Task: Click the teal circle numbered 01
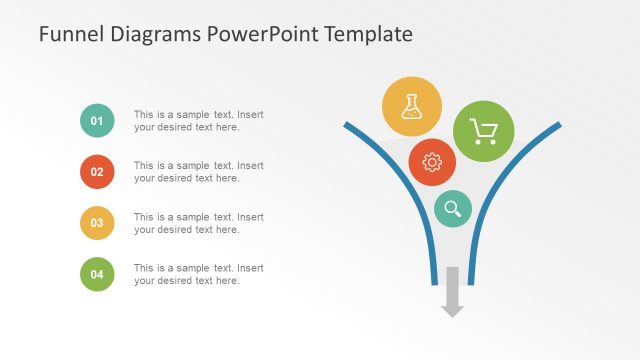[97, 121]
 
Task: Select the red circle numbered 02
[97, 172]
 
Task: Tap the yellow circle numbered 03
[97, 223]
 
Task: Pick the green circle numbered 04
[97, 274]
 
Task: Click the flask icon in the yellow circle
[412, 107]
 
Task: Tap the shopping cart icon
[484, 132]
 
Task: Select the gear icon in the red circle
[432, 162]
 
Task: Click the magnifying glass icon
[454, 208]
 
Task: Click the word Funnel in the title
[68, 34]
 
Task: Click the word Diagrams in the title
[151, 34]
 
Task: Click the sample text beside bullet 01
[198, 120]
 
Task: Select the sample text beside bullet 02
[198, 172]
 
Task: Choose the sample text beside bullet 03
[198, 223]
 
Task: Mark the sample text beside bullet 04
[198, 274]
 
